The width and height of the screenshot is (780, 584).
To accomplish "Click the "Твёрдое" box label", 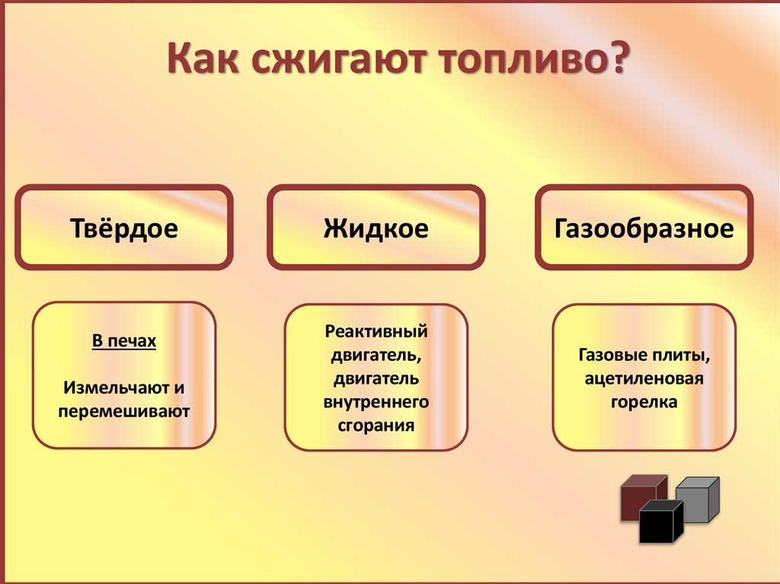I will [123, 228].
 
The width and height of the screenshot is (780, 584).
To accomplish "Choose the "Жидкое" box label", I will [376, 228].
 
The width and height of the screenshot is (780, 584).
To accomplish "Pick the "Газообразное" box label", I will [644, 228].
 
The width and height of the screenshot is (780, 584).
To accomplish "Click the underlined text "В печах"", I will [124, 341].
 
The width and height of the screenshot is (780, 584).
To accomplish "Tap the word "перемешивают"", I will [124, 411].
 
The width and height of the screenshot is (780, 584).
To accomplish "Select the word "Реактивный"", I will [376, 332].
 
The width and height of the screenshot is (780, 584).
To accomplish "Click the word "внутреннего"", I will [376, 401].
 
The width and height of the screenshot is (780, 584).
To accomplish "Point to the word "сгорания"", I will [376, 425].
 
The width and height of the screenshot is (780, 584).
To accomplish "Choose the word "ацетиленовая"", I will [644, 378].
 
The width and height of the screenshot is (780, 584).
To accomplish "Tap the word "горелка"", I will [644, 402].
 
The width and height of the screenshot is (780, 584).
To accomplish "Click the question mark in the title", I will [615, 60].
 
